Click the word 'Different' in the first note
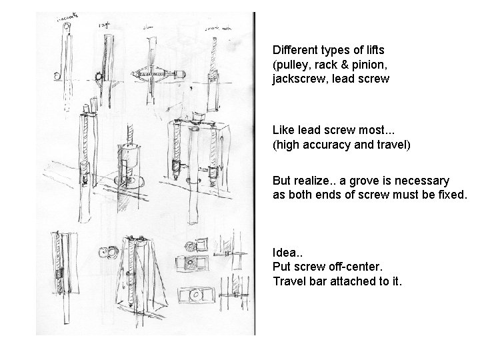pos(293,50)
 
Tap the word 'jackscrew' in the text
pos(295,79)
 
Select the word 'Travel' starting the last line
pos(288,281)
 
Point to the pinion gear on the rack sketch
pos(98,77)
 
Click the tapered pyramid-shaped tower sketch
pos(142,273)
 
